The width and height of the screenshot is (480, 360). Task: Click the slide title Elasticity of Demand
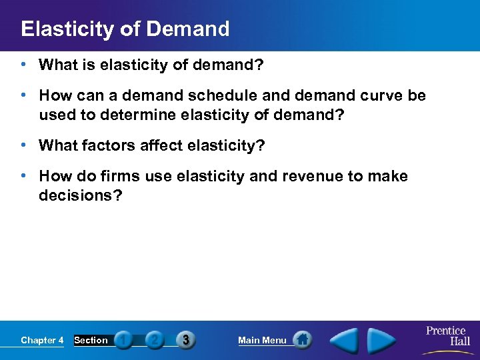(125, 29)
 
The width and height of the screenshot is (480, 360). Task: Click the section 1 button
(123, 340)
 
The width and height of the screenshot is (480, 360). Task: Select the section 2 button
(154, 340)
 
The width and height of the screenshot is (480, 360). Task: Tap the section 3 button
(185, 340)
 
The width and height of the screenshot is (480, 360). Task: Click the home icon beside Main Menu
(302, 340)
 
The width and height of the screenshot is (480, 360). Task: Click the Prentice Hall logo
(446, 336)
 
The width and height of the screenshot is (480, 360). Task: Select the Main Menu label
(262, 341)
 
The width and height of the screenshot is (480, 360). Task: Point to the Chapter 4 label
(42, 341)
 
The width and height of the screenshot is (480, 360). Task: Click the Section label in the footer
(91, 341)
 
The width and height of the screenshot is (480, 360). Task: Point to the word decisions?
(81, 196)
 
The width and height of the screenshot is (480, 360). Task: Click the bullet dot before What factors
(23, 145)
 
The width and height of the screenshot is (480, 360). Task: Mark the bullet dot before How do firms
(23, 175)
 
